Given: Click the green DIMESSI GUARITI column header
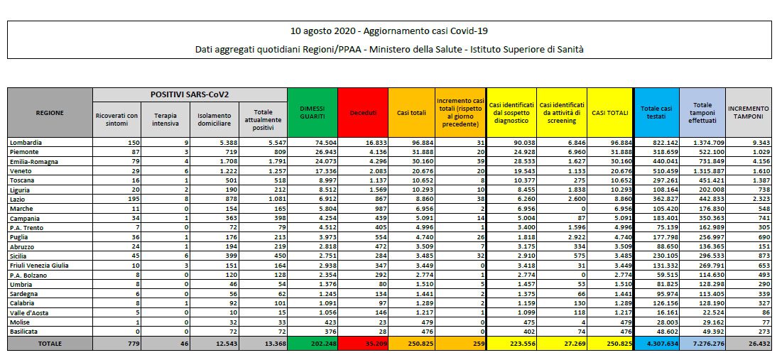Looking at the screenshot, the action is (313, 113).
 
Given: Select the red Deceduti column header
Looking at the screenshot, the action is (362, 113).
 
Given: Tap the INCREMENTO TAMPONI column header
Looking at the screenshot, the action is (748, 113).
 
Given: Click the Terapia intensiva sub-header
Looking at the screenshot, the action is (165, 120).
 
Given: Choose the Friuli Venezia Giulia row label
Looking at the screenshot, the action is (39, 266).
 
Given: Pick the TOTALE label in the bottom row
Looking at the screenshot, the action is (50, 344).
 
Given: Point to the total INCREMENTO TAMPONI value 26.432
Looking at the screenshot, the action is (758, 344).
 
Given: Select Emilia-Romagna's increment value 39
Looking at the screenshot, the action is (479, 162).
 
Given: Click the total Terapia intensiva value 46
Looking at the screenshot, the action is (183, 344).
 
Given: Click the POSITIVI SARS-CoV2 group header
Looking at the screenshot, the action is (190, 94).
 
